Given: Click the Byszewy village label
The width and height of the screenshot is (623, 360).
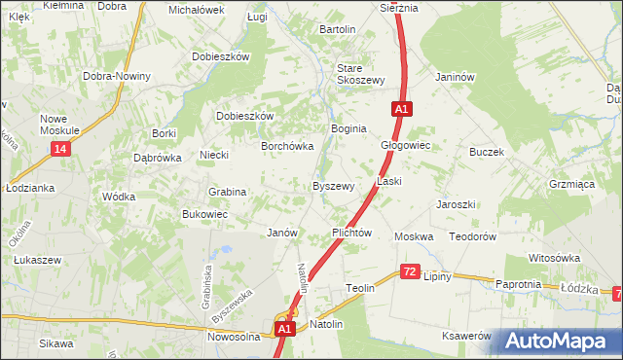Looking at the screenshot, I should point(333,186).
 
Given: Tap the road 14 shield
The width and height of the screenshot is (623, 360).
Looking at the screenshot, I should point(61,148).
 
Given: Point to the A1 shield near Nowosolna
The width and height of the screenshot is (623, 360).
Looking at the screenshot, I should point(283,330).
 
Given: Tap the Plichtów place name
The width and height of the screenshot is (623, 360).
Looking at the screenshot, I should point(352,234).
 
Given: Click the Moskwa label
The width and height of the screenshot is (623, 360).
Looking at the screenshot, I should point(414,236).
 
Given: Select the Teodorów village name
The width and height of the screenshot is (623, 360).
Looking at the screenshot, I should point(473,236).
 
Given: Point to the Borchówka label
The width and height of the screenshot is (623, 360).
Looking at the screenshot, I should point(286,146).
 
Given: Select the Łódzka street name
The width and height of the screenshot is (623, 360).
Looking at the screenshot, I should point(578,287).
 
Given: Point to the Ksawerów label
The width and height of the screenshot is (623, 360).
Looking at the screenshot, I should point(465,335).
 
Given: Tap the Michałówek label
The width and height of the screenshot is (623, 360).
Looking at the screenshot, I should point(196,9).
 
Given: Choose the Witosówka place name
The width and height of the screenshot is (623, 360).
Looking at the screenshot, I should point(554,258).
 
